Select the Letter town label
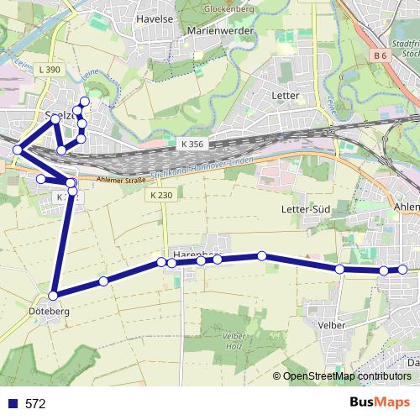(286, 96)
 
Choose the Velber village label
(333, 323)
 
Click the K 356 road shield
(192, 144)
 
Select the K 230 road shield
(162, 195)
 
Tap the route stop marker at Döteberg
(53, 296)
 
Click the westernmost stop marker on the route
(17, 150)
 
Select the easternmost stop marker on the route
(402, 270)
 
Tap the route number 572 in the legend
(35, 403)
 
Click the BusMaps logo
(379, 402)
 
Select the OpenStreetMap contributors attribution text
(347, 376)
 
